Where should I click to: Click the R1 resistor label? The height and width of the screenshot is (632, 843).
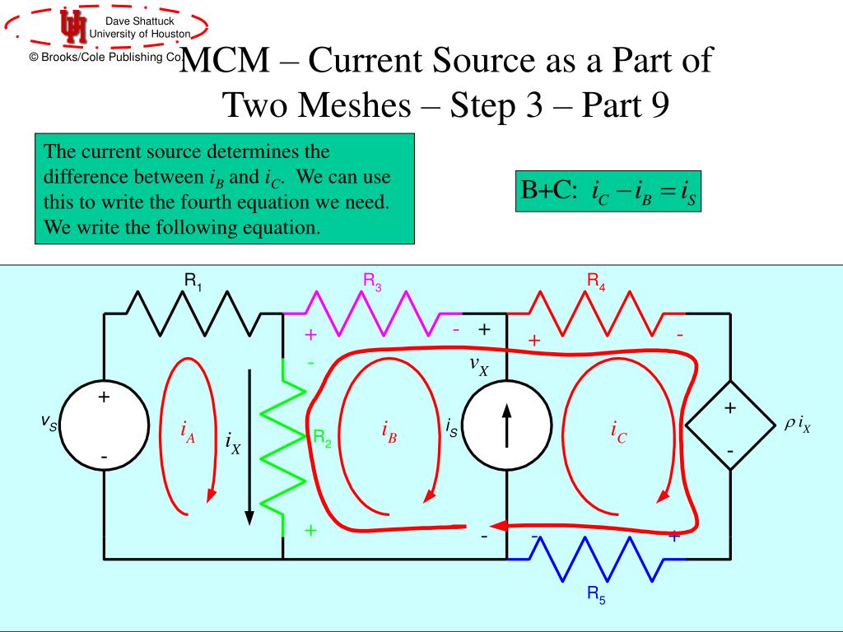coord(193,281)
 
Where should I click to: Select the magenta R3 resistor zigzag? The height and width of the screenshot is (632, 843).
coord(373,314)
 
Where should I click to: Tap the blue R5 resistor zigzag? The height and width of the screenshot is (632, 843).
coord(595,559)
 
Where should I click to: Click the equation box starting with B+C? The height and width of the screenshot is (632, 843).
coord(608,192)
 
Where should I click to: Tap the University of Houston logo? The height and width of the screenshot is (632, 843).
coord(72,27)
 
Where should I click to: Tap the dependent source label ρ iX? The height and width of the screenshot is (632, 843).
coord(797,425)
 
